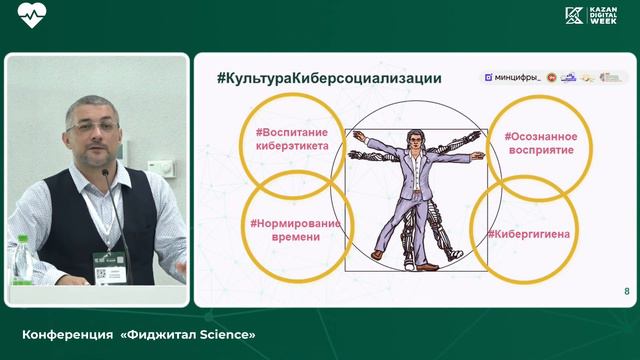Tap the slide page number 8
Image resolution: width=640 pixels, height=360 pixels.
[x=626, y=291]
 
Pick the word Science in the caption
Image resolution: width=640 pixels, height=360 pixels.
[x=227, y=332]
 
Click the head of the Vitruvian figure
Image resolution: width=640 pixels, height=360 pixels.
[x=413, y=140]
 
